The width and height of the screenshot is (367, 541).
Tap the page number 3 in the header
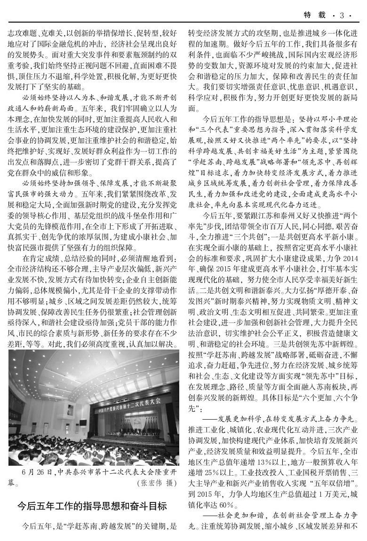point(343,16)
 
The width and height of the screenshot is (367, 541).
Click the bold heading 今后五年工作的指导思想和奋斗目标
point(92,507)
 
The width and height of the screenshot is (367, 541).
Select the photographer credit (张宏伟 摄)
point(157,483)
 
